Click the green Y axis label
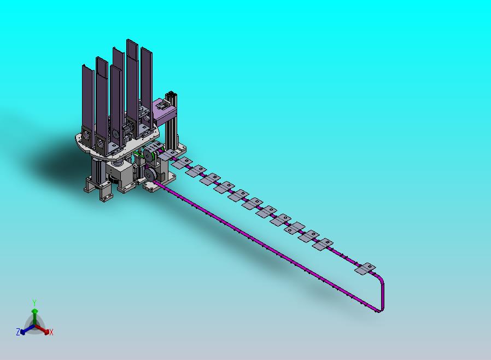(34, 303)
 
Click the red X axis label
(51, 333)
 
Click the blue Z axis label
(18, 332)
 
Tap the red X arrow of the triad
(42, 329)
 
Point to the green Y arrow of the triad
(34, 317)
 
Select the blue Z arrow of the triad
(27, 329)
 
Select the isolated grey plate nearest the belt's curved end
(365, 269)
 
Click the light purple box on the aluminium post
(163, 112)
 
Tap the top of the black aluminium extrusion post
(172, 94)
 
